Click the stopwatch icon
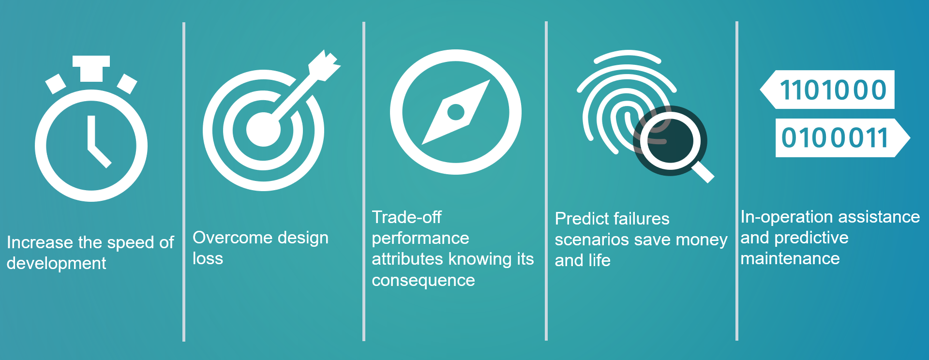91,145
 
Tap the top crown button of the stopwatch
91,68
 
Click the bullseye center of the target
263,129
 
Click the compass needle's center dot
456,112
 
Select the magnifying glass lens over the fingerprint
670,141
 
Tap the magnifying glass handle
702,171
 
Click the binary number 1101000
833,90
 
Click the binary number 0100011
835,138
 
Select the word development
56,264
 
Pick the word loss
208,258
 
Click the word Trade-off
406,217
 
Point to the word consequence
423,281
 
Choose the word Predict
579,219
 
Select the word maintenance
790,258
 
